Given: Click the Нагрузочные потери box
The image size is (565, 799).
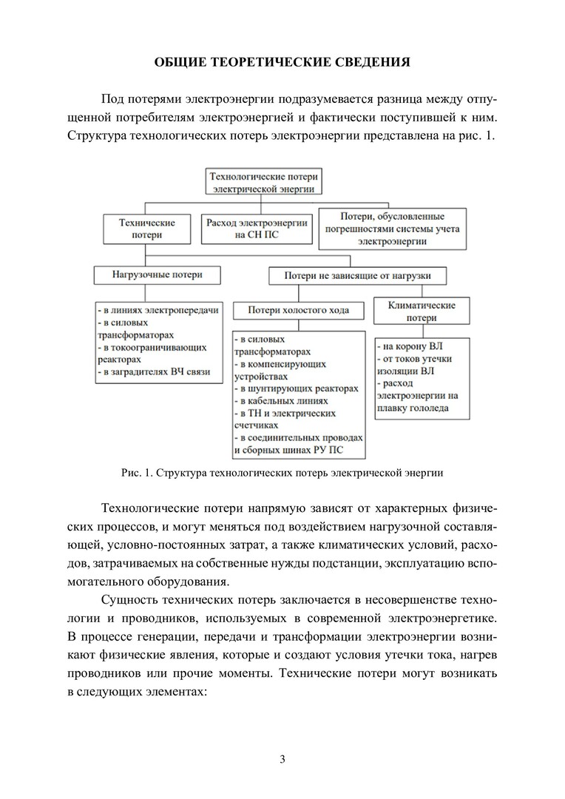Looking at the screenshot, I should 158,274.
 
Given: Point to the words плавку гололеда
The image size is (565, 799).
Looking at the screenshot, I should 415,407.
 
